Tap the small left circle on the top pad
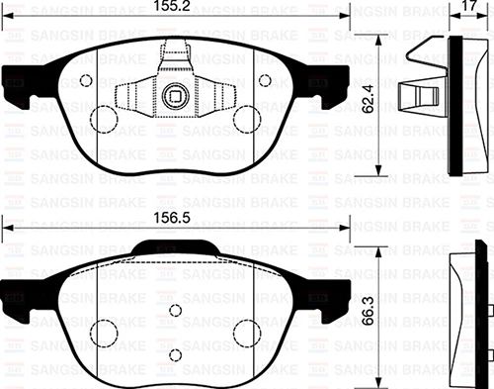click(x=85, y=81)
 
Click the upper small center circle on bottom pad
click(x=175, y=310)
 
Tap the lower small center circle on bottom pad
click(x=175, y=353)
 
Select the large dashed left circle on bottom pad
click(x=106, y=332)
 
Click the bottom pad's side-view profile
click(x=463, y=312)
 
